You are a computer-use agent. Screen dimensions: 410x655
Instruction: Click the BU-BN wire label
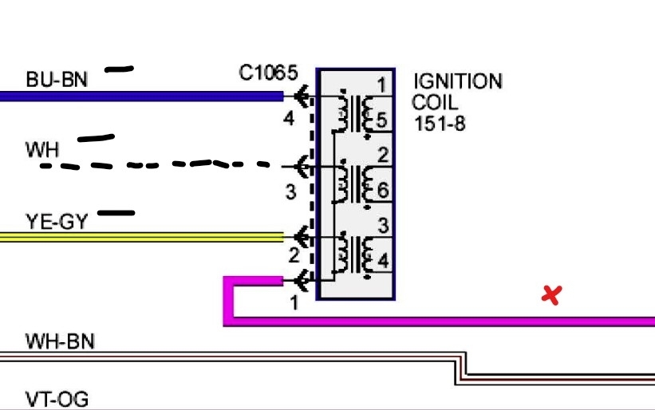click(x=57, y=79)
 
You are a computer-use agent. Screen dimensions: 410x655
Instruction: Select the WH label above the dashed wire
click(x=42, y=148)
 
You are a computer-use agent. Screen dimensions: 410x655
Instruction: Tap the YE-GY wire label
click(x=56, y=221)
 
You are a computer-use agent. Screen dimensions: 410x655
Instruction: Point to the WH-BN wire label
click(x=60, y=342)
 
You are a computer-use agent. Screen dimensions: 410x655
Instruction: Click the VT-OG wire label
click(x=57, y=399)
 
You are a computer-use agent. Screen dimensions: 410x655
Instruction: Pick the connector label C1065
click(x=268, y=73)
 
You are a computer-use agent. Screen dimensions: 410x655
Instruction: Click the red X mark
click(x=550, y=295)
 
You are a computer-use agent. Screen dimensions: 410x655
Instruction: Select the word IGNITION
click(x=458, y=81)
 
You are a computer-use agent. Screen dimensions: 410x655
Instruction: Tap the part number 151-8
click(x=440, y=124)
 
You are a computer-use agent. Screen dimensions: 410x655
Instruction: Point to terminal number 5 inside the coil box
click(x=382, y=121)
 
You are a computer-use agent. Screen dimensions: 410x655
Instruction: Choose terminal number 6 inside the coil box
click(x=383, y=191)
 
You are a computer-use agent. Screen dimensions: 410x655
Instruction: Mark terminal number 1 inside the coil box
click(x=382, y=85)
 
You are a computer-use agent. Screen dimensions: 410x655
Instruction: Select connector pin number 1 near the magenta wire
click(x=294, y=303)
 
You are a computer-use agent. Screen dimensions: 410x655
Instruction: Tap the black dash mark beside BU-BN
click(x=119, y=69)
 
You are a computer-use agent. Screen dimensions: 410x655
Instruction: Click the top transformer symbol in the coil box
click(x=355, y=112)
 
